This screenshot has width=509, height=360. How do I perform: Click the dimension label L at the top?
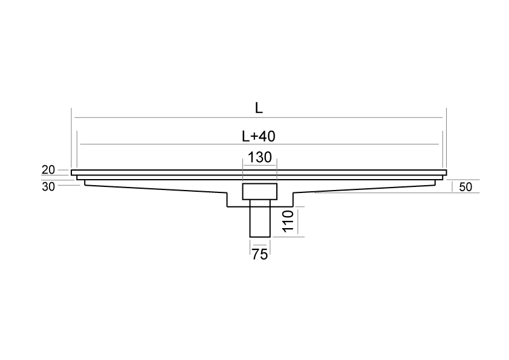(258, 108)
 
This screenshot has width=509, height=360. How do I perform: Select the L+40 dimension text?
(259, 136)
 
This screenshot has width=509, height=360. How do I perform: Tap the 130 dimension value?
(260, 157)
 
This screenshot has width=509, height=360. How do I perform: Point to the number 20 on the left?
(48, 169)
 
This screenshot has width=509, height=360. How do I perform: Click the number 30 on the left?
(48, 187)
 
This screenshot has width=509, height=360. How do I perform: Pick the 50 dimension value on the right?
(465, 187)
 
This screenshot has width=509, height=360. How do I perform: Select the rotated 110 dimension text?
(288, 221)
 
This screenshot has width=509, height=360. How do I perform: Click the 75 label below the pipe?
(260, 254)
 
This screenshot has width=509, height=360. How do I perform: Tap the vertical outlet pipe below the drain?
(260, 218)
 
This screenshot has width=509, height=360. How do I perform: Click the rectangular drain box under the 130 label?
(260, 191)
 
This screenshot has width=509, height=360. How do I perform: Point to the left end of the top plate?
(71, 172)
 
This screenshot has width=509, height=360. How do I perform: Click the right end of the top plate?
(446, 172)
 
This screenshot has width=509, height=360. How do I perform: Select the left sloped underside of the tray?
(156, 189)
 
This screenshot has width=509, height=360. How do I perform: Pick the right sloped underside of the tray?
(365, 189)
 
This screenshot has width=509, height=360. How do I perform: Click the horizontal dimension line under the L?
(258, 117)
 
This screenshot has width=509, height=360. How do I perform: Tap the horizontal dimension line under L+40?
(259, 144)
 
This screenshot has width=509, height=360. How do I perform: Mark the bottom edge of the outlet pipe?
(260, 237)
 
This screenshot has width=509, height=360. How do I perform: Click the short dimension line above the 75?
(260, 245)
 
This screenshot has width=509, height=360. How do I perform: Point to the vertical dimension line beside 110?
(297, 222)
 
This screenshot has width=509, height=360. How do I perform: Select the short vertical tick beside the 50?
(452, 187)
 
